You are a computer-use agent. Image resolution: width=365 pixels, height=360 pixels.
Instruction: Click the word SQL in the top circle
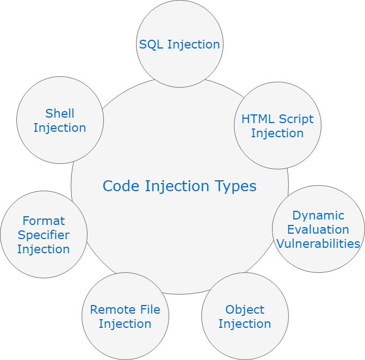click(x=151, y=45)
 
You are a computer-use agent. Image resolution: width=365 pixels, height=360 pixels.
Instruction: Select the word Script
click(x=296, y=119)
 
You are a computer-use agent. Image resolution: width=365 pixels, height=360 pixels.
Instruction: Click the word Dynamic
click(x=318, y=216)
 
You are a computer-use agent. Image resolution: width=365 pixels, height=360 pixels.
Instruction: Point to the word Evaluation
click(x=318, y=230)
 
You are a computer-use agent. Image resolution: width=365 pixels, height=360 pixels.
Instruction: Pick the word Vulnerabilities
click(x=318, y=244)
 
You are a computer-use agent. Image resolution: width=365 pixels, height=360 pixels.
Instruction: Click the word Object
click(x=245, y=310)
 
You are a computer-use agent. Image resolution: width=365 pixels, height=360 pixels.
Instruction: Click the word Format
click(x=44, y=221)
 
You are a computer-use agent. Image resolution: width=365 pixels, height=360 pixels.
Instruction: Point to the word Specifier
click(x=44, y=235)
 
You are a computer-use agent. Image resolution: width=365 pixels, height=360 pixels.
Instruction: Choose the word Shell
click(x=60, y=114)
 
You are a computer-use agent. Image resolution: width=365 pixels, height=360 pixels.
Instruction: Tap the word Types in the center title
click(x=235, y=186)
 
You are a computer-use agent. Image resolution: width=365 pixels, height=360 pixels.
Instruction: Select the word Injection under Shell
click(x=60, y=128)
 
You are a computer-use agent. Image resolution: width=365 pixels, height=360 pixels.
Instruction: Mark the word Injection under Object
click(x=245, y=324)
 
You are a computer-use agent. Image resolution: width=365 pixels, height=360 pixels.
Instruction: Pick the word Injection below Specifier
click(x=44, y=249)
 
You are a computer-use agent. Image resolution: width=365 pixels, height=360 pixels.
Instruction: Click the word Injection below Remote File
click(x=125, y=324)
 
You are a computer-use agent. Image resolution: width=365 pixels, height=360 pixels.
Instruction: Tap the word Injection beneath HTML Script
click(x=277, y=133)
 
